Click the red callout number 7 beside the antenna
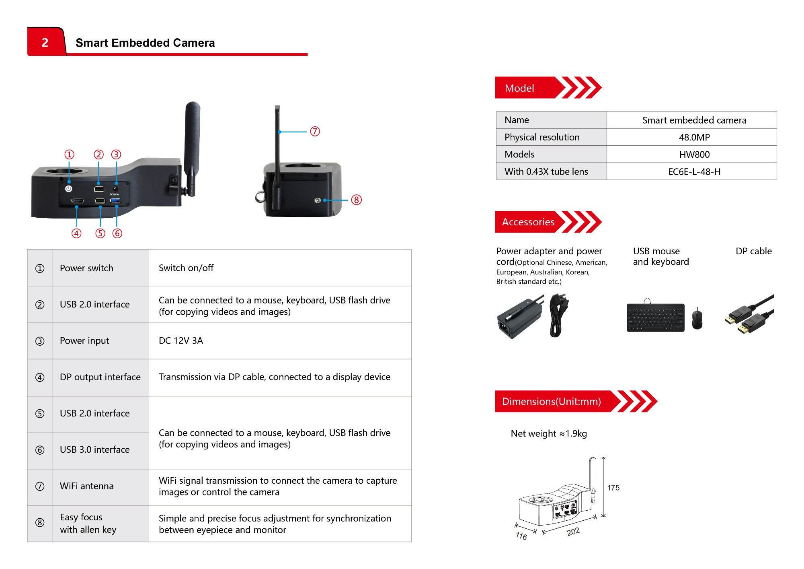tap(315, 131)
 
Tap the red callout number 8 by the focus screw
tap(356, 200)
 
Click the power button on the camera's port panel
tap(69, 188)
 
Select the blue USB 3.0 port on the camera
tap(115, 200)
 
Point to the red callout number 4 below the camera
tap(76, 233)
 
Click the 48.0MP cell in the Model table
tap(694, 137)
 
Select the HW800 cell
tap(694, 155)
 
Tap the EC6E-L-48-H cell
tap(694, 172)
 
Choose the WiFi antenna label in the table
tap(87, 486)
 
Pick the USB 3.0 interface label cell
tap(95, 449)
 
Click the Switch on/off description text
tap(186, 268)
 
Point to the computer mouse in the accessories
tap(697, 319)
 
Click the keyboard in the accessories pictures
tap(655, 317)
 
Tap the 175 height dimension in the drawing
tap(613, 488)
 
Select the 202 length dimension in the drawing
tap(573, 532)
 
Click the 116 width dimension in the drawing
tap(521, 536)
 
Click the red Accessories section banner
tap(528, 222)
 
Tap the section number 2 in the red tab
tap(45, 42)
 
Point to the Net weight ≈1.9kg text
tap(549, 434)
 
